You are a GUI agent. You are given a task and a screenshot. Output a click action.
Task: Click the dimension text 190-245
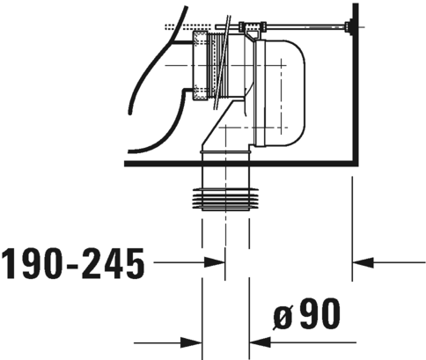tap(72, 261)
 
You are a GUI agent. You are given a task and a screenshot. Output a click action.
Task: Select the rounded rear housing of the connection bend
tap(286, 88)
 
